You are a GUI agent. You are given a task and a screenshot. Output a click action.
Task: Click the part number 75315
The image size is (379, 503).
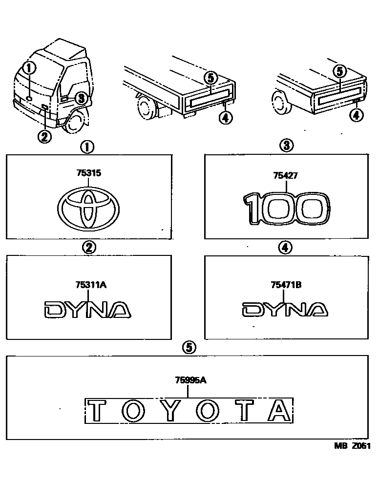coord(88,173)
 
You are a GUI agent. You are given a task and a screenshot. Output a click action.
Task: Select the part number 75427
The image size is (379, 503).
coord(286,176)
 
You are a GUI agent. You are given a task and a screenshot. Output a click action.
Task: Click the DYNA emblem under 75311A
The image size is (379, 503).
coord(88,310)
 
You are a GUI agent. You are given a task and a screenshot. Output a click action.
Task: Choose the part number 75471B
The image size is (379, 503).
coord(286,285)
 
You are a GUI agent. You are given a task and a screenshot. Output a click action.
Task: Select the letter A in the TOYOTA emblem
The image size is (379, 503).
coord(280,411)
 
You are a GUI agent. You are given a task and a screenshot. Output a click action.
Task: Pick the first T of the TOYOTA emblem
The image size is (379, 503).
coord(97,411)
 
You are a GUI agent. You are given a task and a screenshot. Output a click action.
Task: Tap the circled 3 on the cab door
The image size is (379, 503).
coord(81,98)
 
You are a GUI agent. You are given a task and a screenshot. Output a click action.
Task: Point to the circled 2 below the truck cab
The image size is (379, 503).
coord(44,137)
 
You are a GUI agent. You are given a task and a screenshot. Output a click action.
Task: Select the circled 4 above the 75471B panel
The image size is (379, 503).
coord(285,248)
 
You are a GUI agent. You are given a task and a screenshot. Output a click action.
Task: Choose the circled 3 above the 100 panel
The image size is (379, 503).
coord(286,145)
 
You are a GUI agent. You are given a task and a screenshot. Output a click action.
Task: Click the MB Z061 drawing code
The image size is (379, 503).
coord(352,445)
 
